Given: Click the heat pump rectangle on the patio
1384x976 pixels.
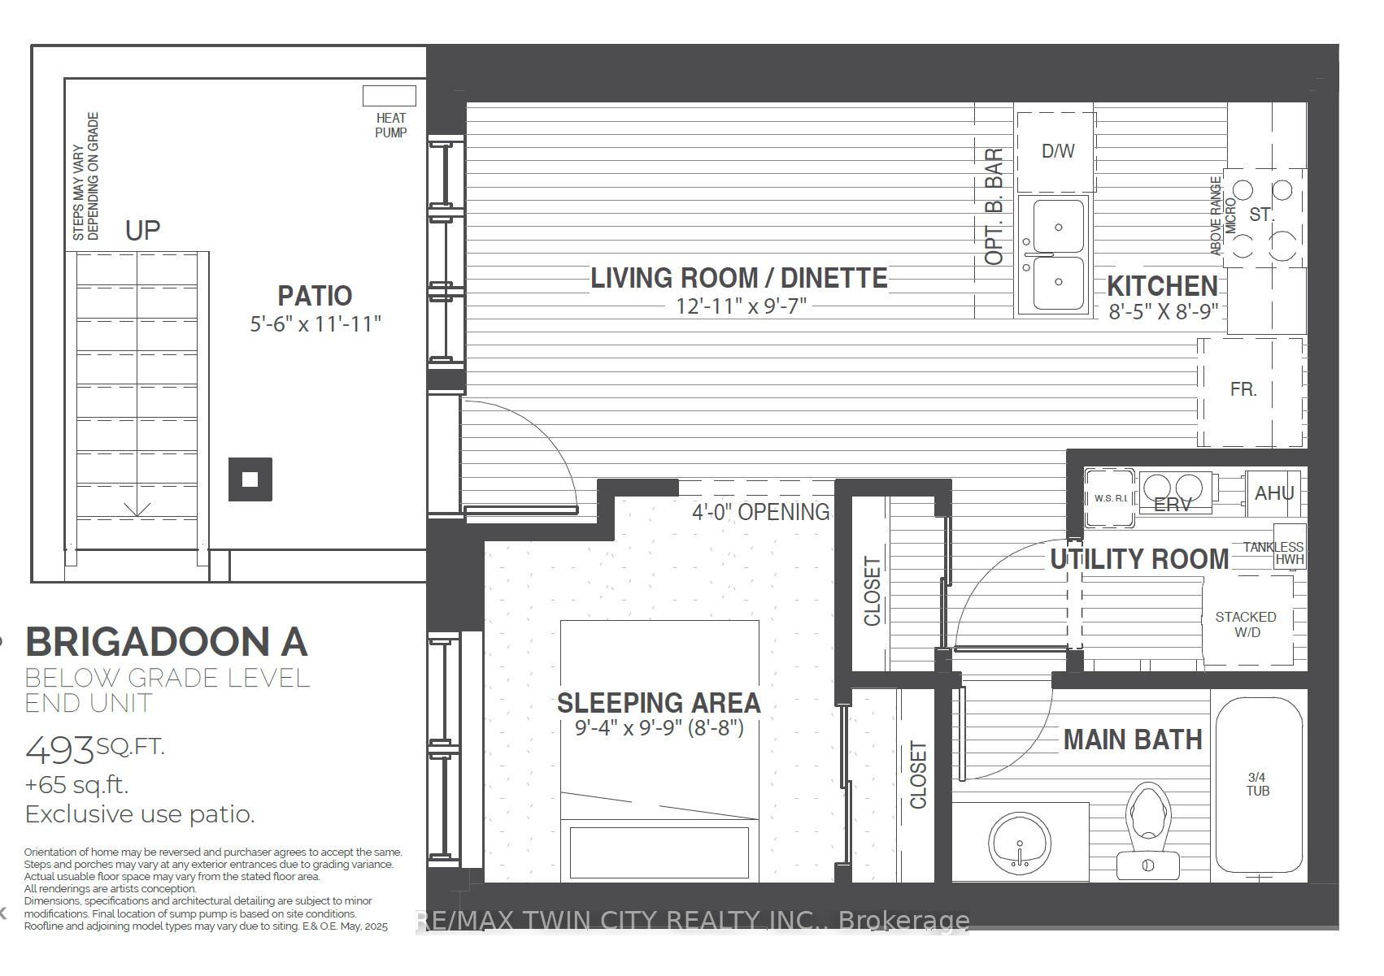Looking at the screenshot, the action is coord(389,96).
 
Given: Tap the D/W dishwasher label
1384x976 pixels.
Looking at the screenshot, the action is coord(1058,150).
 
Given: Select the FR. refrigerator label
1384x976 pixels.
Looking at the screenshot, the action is coord(1243,389).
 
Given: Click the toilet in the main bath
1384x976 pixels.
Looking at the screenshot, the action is coord(1148,831).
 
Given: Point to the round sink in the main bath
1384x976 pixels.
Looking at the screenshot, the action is coord(1020,844).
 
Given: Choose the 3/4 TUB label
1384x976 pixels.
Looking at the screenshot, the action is coord(1257,784).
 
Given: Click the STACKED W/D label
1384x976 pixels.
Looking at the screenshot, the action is coord(1246,624).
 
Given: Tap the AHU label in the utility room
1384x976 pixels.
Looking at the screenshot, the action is coord(1274,493).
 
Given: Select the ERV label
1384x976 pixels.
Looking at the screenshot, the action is coord(1172,505).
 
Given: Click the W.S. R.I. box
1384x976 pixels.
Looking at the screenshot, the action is coord(1110,497).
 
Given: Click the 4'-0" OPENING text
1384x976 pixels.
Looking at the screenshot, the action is coord(760,512).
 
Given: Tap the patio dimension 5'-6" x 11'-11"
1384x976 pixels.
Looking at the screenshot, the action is coord(316,324).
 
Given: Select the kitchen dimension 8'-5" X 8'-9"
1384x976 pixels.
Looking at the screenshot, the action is coord(1163,311).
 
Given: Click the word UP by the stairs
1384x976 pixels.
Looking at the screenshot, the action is coord(143,230).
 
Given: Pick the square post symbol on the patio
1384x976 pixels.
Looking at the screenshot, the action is coord(250,479).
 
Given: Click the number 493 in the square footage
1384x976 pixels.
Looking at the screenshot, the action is coord(59,751).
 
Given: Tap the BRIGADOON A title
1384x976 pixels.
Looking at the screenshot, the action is coord(166,642).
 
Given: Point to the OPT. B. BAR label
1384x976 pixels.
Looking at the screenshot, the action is coord(994,206).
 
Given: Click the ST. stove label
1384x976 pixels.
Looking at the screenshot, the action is coord(1261,215).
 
